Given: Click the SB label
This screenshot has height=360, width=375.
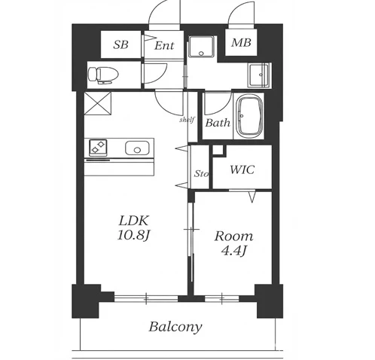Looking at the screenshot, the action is [x=120, y=44].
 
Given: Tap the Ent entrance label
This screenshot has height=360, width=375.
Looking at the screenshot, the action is [x=164, y=46].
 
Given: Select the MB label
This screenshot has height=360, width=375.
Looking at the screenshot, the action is [x=241, y=43].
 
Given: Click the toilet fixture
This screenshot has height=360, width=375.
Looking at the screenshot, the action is [x=103, y=75].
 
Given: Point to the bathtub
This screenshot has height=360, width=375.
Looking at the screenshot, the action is [x=250, y=116].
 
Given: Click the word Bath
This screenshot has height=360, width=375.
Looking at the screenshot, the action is [x=218, y=123].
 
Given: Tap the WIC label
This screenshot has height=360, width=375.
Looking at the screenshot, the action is [x=242, y=169].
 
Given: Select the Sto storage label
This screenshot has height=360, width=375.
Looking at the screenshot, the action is [x=201, y=173].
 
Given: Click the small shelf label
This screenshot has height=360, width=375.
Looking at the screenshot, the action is [x=187, y=120].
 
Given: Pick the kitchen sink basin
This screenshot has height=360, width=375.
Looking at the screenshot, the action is [x=137, y=148].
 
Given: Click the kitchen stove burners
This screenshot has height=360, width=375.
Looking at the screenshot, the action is [x=98, y=147].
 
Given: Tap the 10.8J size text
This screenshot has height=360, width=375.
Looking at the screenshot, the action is [x=133, y=235].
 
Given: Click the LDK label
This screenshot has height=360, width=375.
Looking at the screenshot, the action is [x=134, y=221].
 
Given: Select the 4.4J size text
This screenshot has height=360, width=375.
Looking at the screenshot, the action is [x=233, y=250].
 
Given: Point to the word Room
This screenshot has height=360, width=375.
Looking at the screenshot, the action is [x=233, y=236].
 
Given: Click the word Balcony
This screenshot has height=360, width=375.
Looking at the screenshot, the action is [x=175, y=327].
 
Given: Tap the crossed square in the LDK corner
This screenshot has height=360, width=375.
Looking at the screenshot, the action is [x=98, y=103].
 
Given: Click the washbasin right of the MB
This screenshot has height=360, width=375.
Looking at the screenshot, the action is [x=259, y=75].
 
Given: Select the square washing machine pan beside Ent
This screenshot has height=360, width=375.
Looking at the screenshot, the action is [x=202, y=47].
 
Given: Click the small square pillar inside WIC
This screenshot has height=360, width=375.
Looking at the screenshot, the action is [x=218, y=151].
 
